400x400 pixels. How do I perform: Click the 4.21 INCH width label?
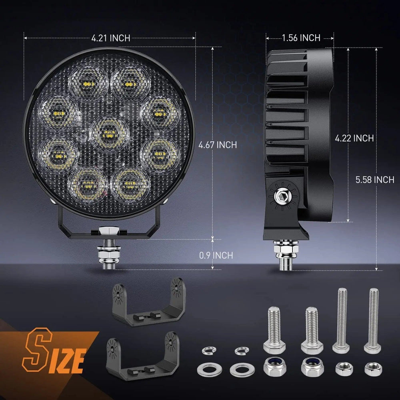click(110, 38)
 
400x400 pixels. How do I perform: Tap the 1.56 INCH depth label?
click(301, 38)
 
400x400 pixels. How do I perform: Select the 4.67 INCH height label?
click(218, 145)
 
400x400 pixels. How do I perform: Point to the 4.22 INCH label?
click(354, 138)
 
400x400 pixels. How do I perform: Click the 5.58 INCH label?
click(375, 180)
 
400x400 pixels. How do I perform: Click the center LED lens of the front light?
click(109, 131)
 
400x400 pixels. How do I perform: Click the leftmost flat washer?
click(205, 367)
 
